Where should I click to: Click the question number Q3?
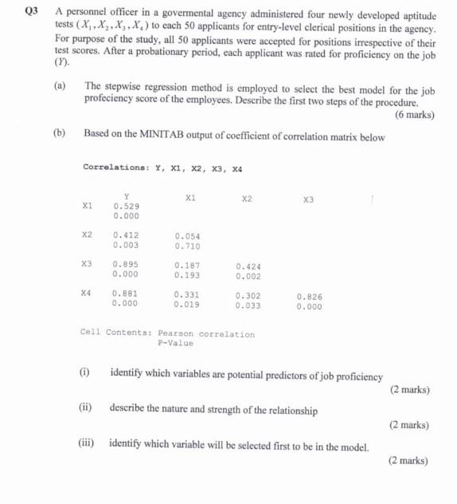point(31,11)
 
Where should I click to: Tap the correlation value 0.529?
point(126,206)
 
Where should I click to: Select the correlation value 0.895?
point(126,264)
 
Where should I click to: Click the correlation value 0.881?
point(126,293)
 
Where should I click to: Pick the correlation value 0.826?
point(309,296)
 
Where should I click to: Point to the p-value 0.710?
point(187,246)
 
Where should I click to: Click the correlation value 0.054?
point(187,236)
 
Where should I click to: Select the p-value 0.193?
point(187,276)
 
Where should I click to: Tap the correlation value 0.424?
point(248,266)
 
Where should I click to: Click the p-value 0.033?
point(248,305)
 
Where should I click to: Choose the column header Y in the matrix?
point(126,195)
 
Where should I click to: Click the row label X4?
point(87,293)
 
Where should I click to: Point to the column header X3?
point(309,199)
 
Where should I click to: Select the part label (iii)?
point(88,441)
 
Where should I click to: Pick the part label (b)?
point(60,133)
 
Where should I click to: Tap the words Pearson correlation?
point(206,334)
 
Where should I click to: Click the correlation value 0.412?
point(126,235)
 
